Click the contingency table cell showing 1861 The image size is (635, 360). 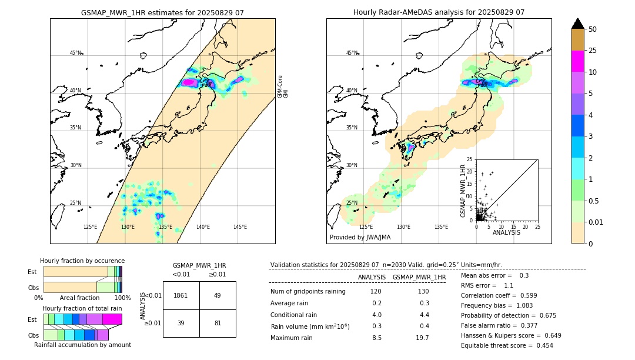(181, 295)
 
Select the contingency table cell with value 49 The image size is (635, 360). (217, 295)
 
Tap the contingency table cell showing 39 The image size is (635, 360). (181, 323)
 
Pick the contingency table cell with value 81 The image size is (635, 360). (217, 323)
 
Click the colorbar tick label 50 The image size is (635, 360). (593, 29)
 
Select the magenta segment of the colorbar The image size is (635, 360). (577, 61)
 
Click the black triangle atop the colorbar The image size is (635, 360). (577, 24)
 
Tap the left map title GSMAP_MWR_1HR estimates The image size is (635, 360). (162, 12)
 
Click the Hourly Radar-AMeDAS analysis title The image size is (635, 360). (439, 12)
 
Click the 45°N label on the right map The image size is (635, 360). (352, 53)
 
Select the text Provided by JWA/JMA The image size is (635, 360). (360, 238)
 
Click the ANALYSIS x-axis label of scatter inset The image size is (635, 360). (506, 232)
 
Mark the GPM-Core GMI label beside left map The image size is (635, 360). (283, 86)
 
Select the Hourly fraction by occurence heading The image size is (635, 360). (82, 261)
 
